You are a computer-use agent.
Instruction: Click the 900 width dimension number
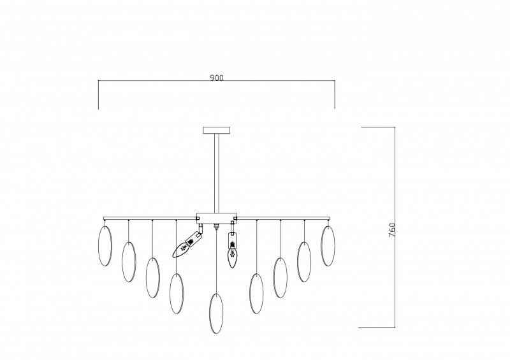point(217,78)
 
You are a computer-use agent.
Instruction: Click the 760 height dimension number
point(392,230)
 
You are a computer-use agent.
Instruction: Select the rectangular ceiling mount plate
point(217,130)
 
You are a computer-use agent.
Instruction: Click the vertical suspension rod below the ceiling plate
point(217,173)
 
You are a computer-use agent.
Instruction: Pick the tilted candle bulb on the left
point(188,244)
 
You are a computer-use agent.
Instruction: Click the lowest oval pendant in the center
point(216,313)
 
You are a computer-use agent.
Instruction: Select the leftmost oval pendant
point(105,246)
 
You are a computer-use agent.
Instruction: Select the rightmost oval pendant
point(328,246)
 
